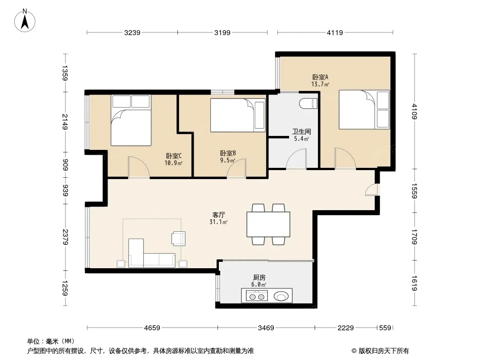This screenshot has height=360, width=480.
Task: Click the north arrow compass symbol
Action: click(x=25, y=21)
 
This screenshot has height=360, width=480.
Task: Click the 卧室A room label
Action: click(x=320, y=77)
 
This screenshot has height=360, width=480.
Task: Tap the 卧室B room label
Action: click(x=228, y=153)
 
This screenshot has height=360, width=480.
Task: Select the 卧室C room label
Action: click(x=173, y=156)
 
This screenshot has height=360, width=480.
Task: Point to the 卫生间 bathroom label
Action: click(x=302, y=132)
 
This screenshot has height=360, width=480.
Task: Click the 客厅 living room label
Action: click(x=218, y=215)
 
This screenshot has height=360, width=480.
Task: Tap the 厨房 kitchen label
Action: click(x=259, y=277)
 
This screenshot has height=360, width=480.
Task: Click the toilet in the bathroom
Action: click(x=308, y=103)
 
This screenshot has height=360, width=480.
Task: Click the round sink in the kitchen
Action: click(x=281, y=296)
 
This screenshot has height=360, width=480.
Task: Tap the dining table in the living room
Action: click(x=268, y=224)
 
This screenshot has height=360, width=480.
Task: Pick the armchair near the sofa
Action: click(x=178, y=238)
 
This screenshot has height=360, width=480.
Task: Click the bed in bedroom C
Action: click(x=131, y=120)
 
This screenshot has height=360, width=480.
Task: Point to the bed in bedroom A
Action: click(x=364, y=109)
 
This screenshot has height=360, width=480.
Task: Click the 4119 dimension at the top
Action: click(x=335, y=32)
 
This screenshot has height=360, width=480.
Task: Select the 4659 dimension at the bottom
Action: click(x=152, y=328)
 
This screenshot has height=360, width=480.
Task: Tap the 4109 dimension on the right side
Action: click(x=414, y=111)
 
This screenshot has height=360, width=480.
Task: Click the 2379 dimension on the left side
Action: click(x=65, y=237)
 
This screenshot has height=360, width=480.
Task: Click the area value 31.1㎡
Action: click(x=218, y=222)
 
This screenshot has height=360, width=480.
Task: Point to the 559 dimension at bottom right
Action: click(x=385, y=328)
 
